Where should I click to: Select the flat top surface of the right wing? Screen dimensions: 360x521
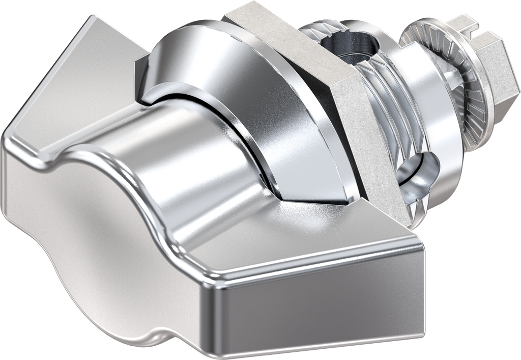point(315,234)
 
